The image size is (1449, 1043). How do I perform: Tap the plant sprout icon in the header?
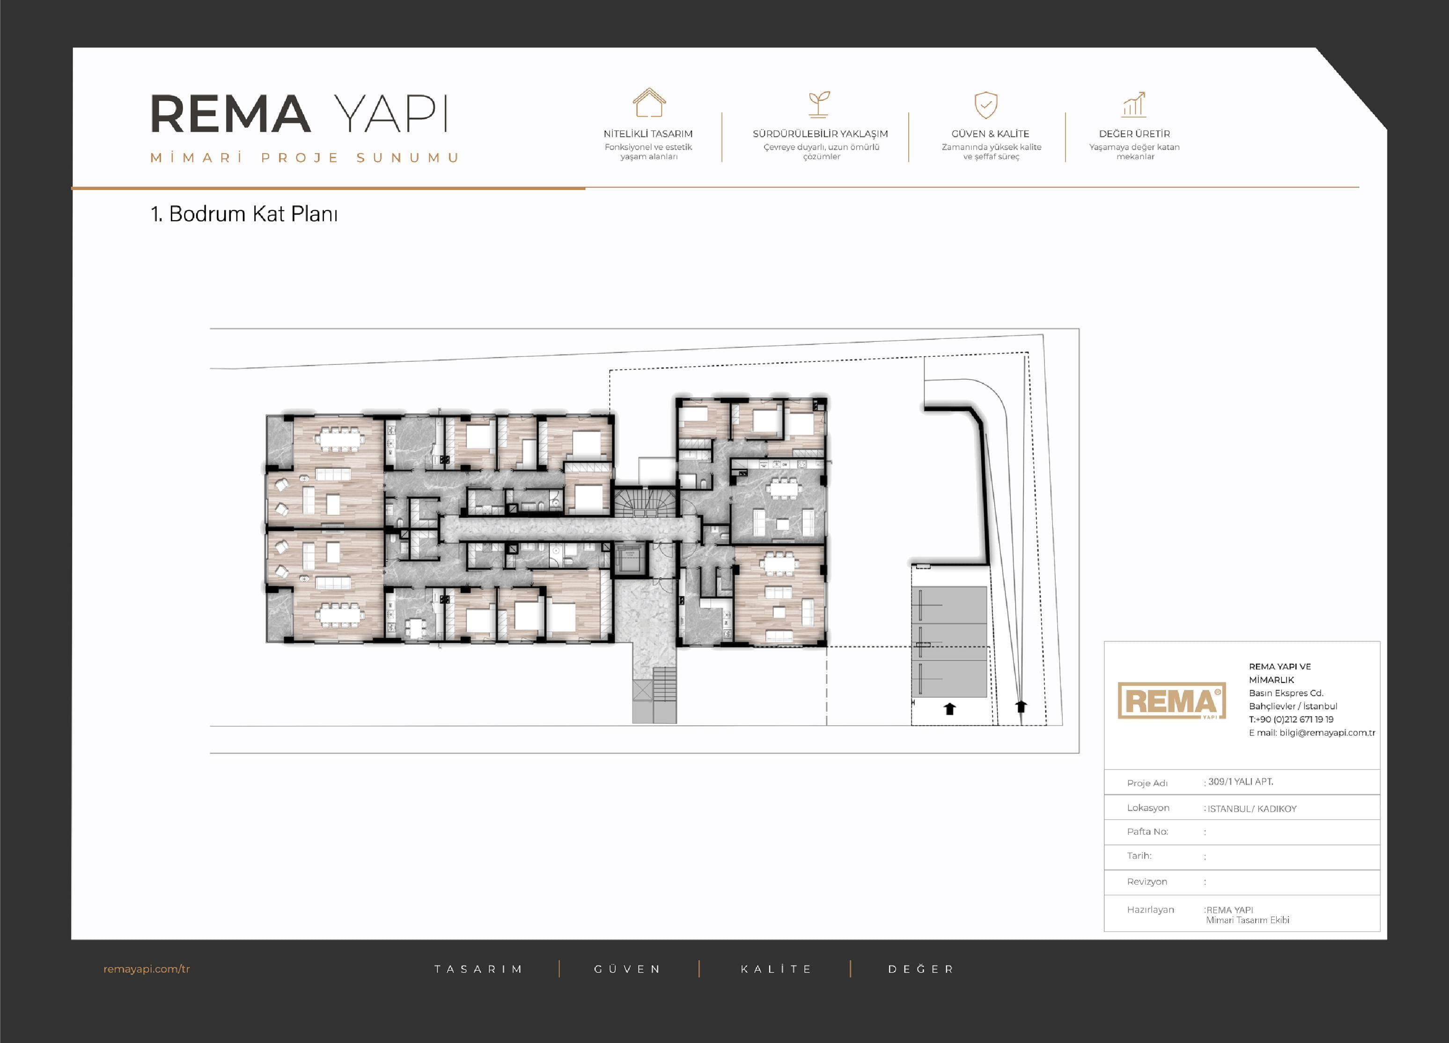819,104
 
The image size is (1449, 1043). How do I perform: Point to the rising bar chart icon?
1134,104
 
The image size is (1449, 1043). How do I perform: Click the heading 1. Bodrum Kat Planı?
244,213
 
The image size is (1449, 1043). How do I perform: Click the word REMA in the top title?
231,114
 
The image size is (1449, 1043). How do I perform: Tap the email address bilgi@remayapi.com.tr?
1327,733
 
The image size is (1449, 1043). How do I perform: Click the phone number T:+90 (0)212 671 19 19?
1291,719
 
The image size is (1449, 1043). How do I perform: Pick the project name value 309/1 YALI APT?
1240,782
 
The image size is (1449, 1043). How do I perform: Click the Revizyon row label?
1147,881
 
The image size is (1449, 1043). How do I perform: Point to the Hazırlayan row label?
1150,910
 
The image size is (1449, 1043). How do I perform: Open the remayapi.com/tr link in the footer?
147,969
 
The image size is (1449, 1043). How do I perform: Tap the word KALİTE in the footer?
776,969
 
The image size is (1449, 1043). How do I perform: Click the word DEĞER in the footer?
920,969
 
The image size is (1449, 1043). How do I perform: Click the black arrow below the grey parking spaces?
949,708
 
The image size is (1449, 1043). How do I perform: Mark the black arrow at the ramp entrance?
1021,706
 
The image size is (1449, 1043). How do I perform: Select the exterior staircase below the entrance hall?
664,684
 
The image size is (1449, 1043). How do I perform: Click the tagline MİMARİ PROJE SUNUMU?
305,158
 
